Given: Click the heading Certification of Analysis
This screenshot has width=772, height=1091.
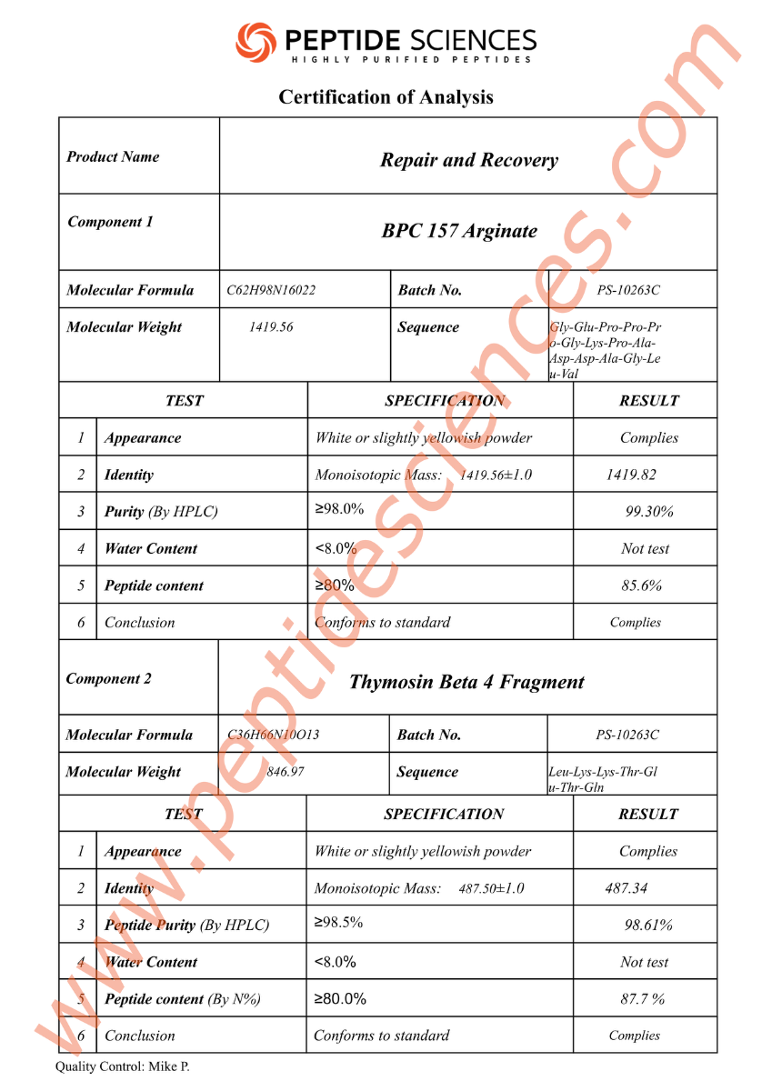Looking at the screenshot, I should (x=386, y=96).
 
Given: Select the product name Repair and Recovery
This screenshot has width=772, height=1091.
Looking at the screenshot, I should (x=468, y=160).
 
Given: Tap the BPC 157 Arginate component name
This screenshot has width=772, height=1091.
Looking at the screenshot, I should (x=459, y=231).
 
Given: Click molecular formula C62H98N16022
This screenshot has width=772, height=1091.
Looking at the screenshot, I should (x=271, y=291).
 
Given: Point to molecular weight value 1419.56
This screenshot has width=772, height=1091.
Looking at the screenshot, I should (x=271, y=327).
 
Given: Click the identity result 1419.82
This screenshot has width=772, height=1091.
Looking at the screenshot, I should (x=630, y=475).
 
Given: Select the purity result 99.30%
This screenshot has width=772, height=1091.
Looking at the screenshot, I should (x=649, y=512).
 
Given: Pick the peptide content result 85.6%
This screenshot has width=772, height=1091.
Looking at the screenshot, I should (x=641, y=586).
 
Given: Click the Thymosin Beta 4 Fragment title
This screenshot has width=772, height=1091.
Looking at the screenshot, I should (x=466, y=682).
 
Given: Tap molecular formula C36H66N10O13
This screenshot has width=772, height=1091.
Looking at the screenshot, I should (x=273, y=735).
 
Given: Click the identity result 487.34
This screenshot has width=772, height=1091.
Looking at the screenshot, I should (x=627, y=888).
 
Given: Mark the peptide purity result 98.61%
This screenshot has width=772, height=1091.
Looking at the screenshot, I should (x=648, y=926).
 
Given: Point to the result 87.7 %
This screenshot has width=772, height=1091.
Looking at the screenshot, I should (x=642, y=999).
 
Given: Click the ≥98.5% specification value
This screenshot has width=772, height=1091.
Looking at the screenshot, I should (x=338, y=922).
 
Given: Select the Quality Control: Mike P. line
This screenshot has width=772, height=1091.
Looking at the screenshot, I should (x=123, y=1066).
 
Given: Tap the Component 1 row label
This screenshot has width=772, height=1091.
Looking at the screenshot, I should (x=110, y=222).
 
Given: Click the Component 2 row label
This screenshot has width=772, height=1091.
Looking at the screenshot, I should (x=109, y=678).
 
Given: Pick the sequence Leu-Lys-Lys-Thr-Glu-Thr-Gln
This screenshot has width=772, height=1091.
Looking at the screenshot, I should (x=603, y=780).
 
